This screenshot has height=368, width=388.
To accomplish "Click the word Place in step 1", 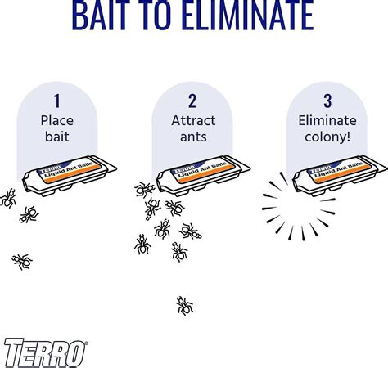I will click(57, 120).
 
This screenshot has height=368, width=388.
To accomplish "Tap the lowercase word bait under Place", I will click(57, 137).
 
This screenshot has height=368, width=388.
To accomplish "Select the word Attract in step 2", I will click(194, 120).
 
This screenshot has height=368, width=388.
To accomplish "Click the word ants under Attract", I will click(194, 137).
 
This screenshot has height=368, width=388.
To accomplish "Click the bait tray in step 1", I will click(70, 178).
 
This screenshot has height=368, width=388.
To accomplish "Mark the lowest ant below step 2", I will click(185, 306).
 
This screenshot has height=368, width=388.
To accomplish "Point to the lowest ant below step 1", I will click(22, 261).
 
